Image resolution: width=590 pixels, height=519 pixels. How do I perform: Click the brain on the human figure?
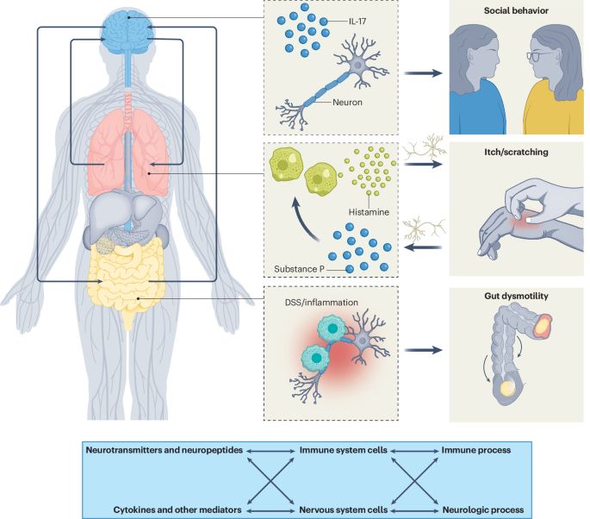click(x=127, y=28)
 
